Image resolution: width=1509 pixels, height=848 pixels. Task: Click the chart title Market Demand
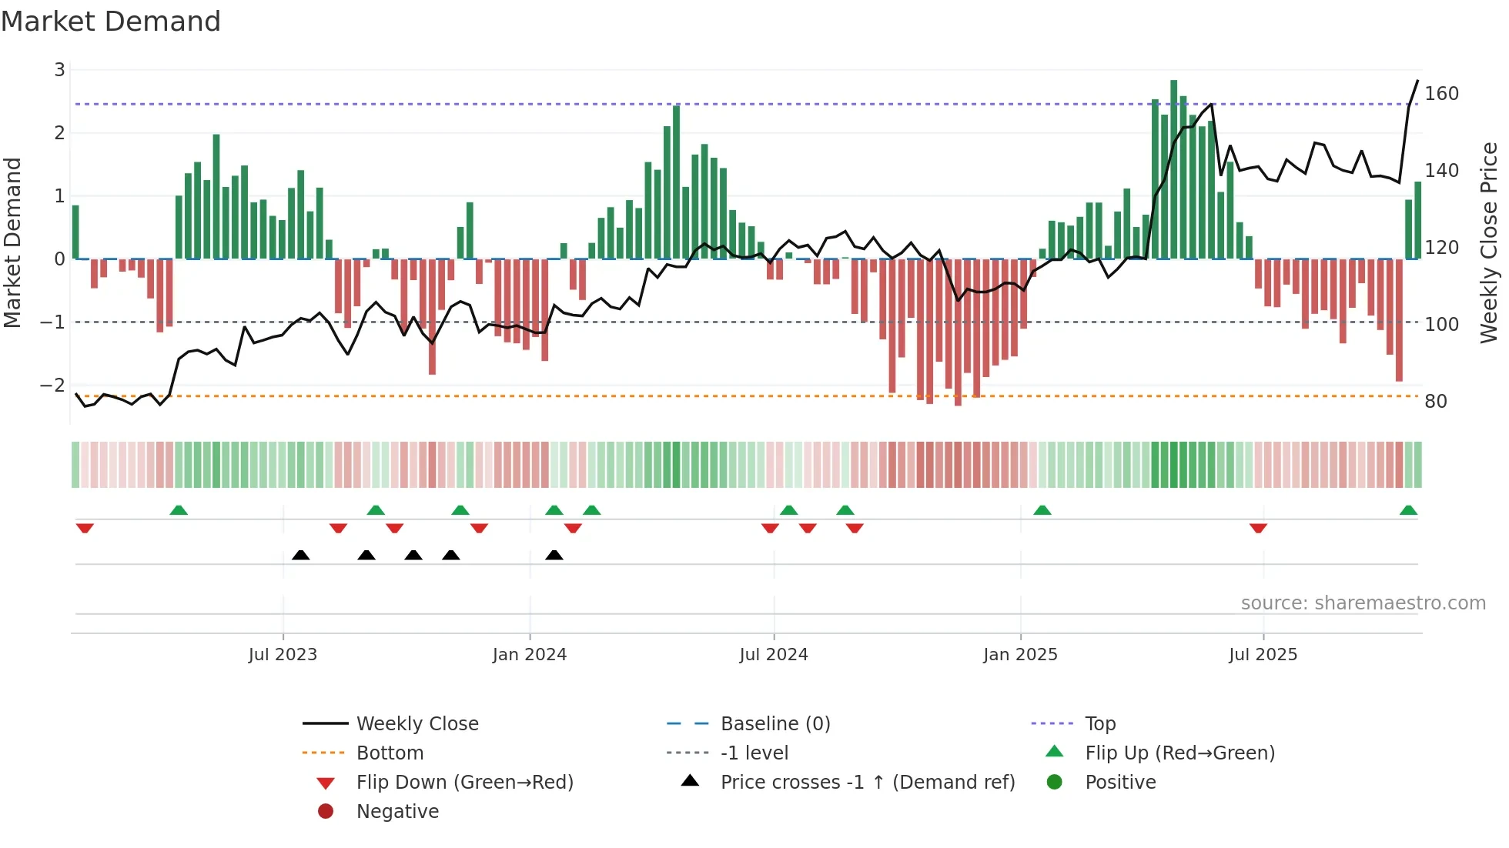[x=111, y=22]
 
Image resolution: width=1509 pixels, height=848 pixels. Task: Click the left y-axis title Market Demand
[x=12, y=242]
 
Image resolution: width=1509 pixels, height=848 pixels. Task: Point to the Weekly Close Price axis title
[x=1489, y=242]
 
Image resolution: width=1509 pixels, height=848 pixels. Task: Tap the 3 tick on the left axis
[x=59, y=70]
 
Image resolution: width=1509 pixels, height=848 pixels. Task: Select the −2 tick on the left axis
[x=53, y=385]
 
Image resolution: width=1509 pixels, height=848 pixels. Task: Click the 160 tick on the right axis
[x=1441, y=94]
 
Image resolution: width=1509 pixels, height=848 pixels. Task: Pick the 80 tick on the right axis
[x=1436, y=402]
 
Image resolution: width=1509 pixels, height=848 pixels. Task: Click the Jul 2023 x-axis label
[x=283, y=655]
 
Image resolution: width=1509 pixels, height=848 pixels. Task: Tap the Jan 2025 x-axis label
[x=1020, y=655]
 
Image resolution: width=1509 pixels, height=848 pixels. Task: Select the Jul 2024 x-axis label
[x=774, y=655]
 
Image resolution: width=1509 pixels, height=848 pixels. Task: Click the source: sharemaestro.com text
[x=1363, y=603]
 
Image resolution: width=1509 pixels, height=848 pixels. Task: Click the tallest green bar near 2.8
[x=1173, y=169]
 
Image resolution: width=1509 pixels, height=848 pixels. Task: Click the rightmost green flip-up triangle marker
[x=1408, y=510]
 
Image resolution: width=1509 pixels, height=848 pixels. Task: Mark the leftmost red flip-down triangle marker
[x=85, y=528]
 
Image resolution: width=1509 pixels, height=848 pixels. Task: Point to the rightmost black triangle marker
[x=554, y=555]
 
